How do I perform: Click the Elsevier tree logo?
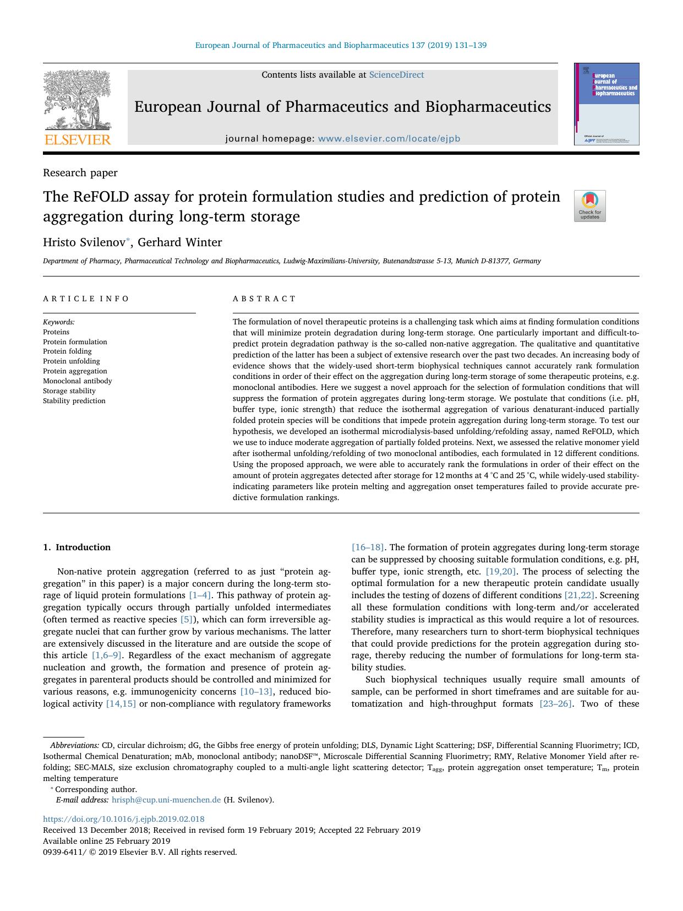point(77,102)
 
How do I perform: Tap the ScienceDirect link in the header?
point(396,75)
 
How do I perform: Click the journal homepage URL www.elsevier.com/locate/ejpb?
point(389,139)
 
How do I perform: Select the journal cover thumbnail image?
point(606,104)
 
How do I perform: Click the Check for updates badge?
point(589,205)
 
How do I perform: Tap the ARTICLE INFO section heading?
point(86,299)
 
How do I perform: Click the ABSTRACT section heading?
point(264,299)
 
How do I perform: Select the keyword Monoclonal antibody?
point(77,381)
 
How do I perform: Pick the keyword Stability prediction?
point(74,401)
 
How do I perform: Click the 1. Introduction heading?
point(77,547)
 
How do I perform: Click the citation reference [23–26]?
point(556,703)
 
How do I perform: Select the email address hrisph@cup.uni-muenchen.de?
point(166,800)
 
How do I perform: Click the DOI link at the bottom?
point(124,819)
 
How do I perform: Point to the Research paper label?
point(80,173)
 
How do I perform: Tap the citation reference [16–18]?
point(368,547)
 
